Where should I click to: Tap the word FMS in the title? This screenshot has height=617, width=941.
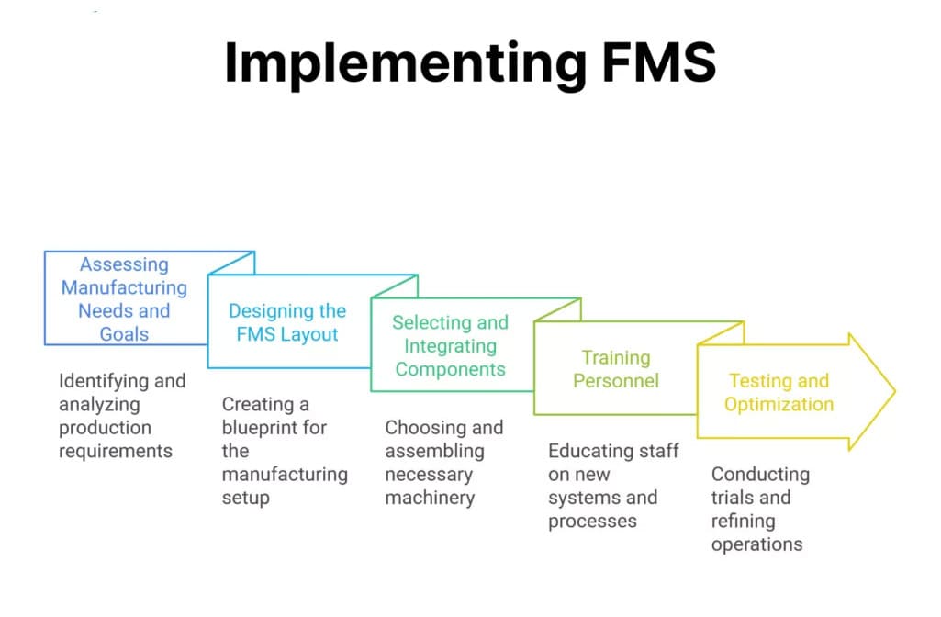pyautogui.click(x=646, y=62)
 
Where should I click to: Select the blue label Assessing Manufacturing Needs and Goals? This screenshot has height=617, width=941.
pyautogui.click(x=124, y=299)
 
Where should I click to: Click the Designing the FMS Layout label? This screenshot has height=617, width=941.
pyautogui.click(x=287, y=322)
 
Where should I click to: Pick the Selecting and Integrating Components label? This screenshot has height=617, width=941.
pyautogui.click(x=450, y=346)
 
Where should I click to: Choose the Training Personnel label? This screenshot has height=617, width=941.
pyautogui.click(x=616, y=369)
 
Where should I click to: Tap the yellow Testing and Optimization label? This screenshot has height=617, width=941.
pyautogui.click(x=779, y=393)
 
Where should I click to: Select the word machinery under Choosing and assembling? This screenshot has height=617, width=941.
pyautogui.click(x=430, y=499)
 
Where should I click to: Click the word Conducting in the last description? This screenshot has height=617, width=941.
pyautogui.click(x=760, y=475)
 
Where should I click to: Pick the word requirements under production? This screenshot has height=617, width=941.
pyautogui.click(x=116, y=451)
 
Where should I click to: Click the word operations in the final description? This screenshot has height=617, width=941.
pyautogui.click(x=756, y=544)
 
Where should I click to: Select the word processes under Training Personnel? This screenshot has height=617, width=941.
pyautogui.click(x=592, y=522)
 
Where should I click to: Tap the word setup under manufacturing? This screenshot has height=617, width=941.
pyautogui.click(x=245, y=499)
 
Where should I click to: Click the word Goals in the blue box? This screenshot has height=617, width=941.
pyautogui.click(x=124, y=334)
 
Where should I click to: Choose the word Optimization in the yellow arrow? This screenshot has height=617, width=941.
pyautogui.click(x=779, y=405)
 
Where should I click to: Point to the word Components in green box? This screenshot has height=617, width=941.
pyautogui.click(x=450, y=369)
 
